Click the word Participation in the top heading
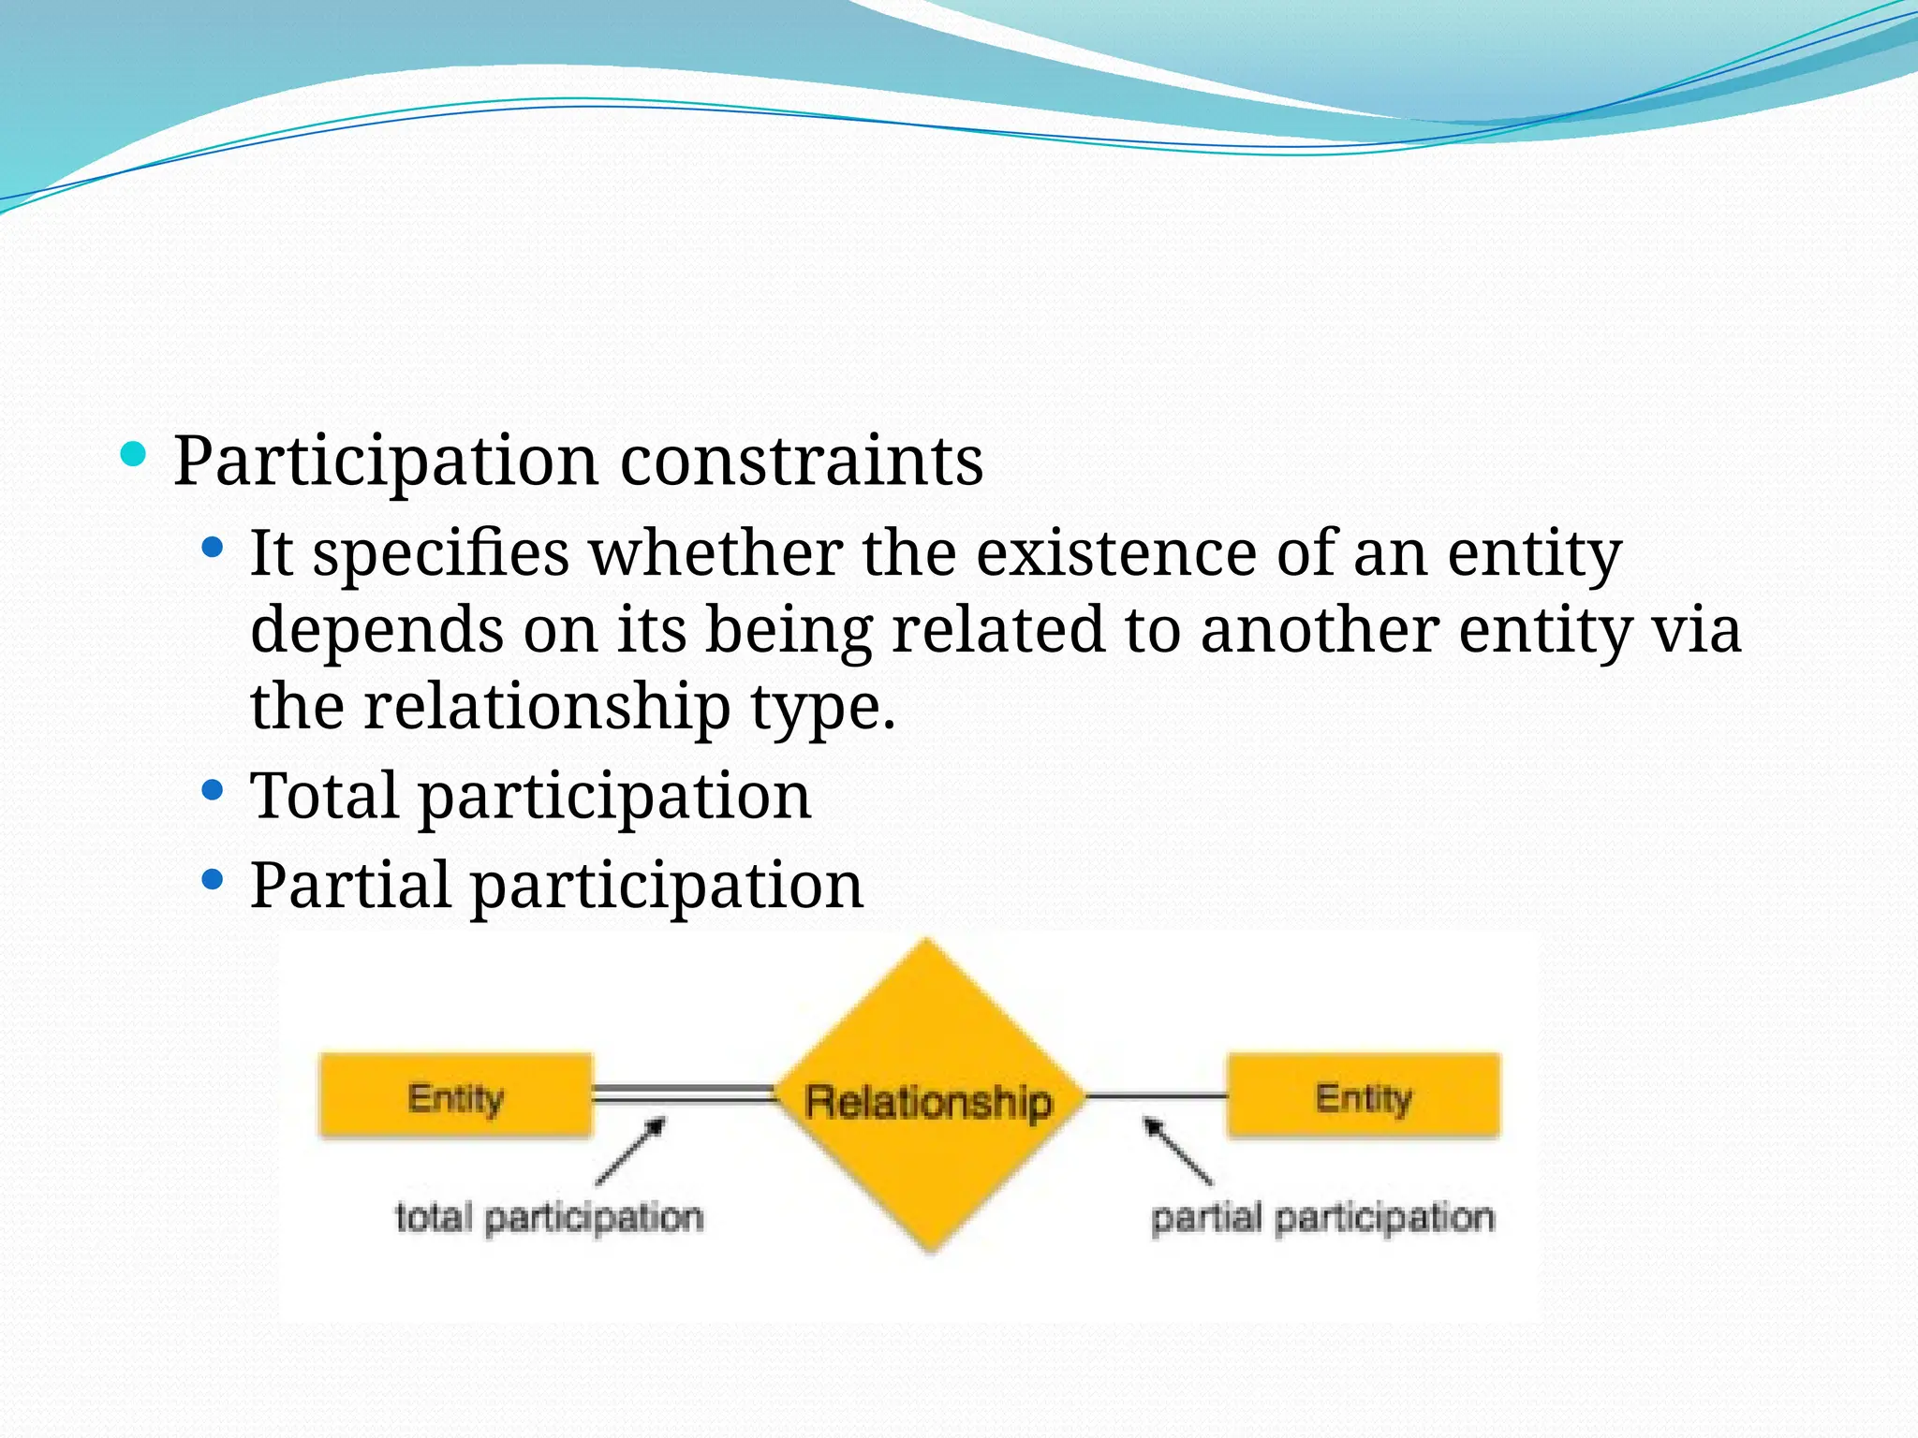click(x=385, y=462)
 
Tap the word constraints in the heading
click(x=802, y=462)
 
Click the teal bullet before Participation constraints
click(x=134, y=455)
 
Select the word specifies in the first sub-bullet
click(x=440, y=554)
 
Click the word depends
click(x=376, y=630)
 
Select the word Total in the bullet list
click(x=324, y=796)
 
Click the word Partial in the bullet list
click(x=349, y=886)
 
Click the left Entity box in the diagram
click(x=455, y=1096)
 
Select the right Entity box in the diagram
click(x=1364, y=1096)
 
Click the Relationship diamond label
click(x=929, y=1101)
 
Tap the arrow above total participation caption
click(x=631, y=1151)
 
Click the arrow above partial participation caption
click(x=1177, y=1151)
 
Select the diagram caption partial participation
click(x=1321, y=1218)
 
